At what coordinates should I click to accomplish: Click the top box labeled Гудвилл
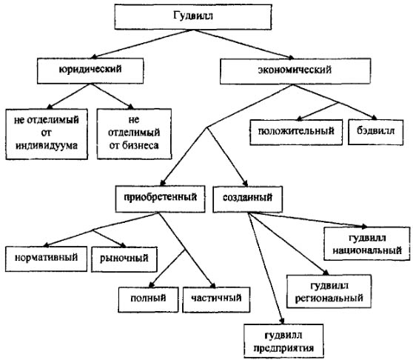pyautogui.click(x=193, y=16)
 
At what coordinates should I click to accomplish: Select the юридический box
pyautogui.click(x=90, y=70)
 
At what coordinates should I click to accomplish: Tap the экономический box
pyautogui.click(x=295, y=71)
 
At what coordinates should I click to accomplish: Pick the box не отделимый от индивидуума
pyautogui.click(x=47, y=134)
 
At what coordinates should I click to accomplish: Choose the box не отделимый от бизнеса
pyautogui.click(x=134, y=133)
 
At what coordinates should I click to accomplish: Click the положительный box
pyautogui.click(x=296, y=132)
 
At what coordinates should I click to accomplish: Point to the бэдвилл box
pyautogui.click(x=375, y=132)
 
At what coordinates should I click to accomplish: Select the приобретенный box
pyautogui.click(x=160, y=199)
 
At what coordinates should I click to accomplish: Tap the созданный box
pyautogui.click(x=248, y=199)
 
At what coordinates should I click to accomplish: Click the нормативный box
pyautogui.click(x=46, y=259)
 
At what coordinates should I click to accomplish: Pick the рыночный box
pyautogui.click(x=124, y=259)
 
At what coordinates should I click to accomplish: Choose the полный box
pyautogui.click(x=148, y=299)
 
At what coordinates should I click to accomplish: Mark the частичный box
pyautogui.click(x=216, y=299)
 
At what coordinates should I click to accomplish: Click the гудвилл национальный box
pyautogui.click(x=367, y=244)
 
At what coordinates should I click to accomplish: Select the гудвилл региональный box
pyautogui.click(x=329, y=291)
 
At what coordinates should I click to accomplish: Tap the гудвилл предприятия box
pyautogui.click(x=283, y=341)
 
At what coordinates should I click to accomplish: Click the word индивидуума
pyautogui.click(x=47, y=146)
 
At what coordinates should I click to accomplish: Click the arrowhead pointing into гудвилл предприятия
pyautogui.click(x=281, y=321)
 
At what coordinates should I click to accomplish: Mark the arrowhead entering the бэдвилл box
pyautogui.click(x=374, y=118)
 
